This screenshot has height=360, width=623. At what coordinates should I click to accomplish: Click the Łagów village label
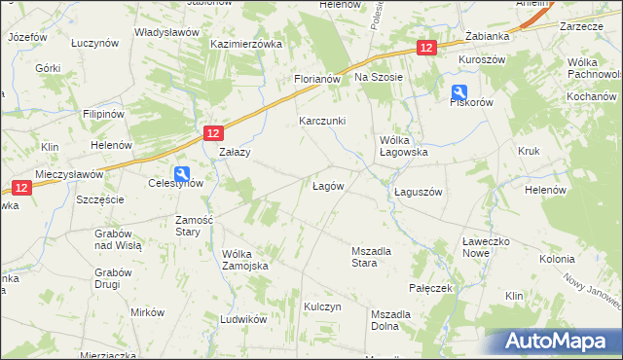[x=327, y=186]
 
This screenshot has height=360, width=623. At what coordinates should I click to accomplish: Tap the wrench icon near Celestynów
[x=183, y=166]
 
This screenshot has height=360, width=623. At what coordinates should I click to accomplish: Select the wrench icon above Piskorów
[x=458, y=93]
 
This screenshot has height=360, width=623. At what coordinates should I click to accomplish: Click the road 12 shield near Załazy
[x=214, y=134]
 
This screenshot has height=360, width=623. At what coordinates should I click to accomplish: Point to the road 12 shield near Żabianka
[x=426, y=47]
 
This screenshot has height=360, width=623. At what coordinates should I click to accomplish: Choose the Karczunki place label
[x=321, y=122]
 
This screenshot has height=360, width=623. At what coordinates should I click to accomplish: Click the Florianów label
[x=316, y=79]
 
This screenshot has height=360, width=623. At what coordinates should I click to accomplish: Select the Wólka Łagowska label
[x=403, y=146]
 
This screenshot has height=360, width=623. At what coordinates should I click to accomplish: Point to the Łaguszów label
[x=419, y=192]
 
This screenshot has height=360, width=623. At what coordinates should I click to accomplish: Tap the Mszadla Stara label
[x=371, y=257]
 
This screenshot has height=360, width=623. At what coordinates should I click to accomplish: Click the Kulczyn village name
[x=323, y=306]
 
